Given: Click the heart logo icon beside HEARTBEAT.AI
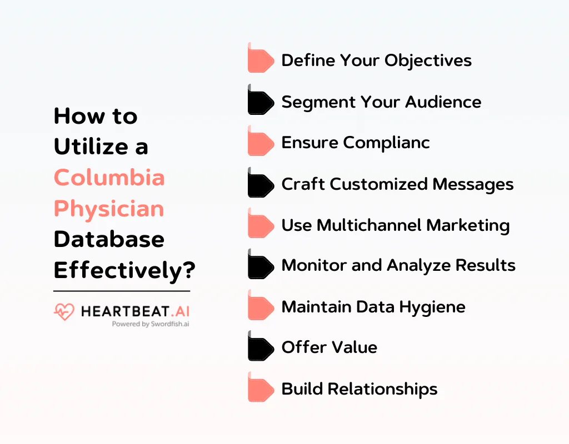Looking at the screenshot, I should [x=64, y=312].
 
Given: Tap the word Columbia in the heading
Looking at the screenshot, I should [x=109, y=178].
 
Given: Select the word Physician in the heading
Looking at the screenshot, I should [x=109, y=209].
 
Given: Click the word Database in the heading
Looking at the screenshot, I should [x=109, y=239].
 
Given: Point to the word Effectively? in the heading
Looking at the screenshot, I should [x=124, y=270].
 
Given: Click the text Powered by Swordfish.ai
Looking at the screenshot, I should [x=150, y=324].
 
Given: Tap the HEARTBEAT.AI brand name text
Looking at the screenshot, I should [x=135, y=311].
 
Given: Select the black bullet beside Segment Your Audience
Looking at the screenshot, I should [x=261, y=101].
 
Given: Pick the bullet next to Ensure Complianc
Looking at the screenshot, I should [x=261, y=142].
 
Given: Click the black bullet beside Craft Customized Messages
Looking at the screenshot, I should [x=261, y=184].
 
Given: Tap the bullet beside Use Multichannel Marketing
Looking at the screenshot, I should [x=261, y=225].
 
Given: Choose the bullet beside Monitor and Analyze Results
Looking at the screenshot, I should [x=261, y=266].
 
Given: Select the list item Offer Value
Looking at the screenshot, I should [x=329, y=347].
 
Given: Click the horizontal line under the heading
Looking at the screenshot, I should [x=122, y=291].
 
